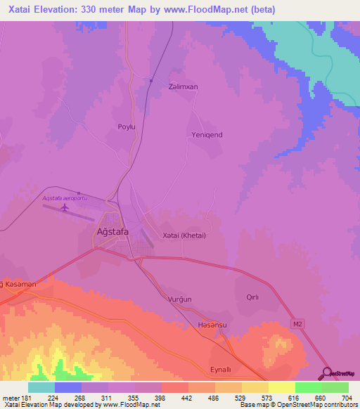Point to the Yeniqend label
207,134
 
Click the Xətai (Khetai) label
184,235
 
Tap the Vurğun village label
180,299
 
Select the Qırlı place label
252,297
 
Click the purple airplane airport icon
65,207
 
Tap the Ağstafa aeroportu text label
65,199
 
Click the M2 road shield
297,323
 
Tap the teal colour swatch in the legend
41,387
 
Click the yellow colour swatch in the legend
281,387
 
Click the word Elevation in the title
61,9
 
